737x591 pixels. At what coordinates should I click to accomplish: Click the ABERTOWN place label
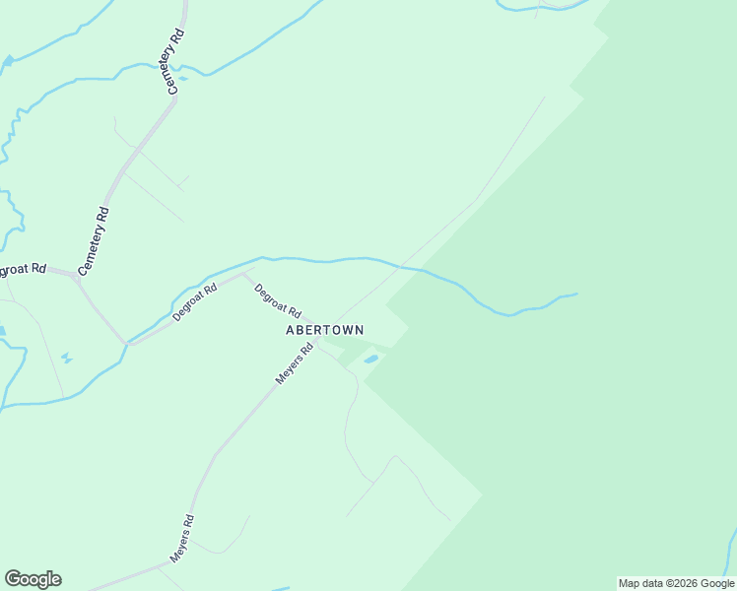[x=324, y=330]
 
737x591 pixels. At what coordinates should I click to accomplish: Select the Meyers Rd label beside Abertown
[x=294, y=363]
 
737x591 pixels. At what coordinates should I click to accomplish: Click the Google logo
[x=33, y=579]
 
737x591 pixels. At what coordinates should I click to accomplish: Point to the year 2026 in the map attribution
[x=677, y=583]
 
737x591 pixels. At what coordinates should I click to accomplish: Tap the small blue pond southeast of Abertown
[x=370, y=360]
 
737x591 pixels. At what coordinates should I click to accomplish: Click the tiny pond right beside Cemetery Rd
[x=182, y=78]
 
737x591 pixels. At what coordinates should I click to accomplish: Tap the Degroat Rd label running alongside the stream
[x=194, y=302]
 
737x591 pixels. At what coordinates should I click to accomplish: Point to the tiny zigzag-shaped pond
[x=66, y=358]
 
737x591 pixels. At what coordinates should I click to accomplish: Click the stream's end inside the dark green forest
[x=576, y=294]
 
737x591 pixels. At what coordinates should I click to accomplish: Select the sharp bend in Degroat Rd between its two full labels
[x=244, y=274]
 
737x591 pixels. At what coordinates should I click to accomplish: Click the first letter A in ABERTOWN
[x=291, y=330]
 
